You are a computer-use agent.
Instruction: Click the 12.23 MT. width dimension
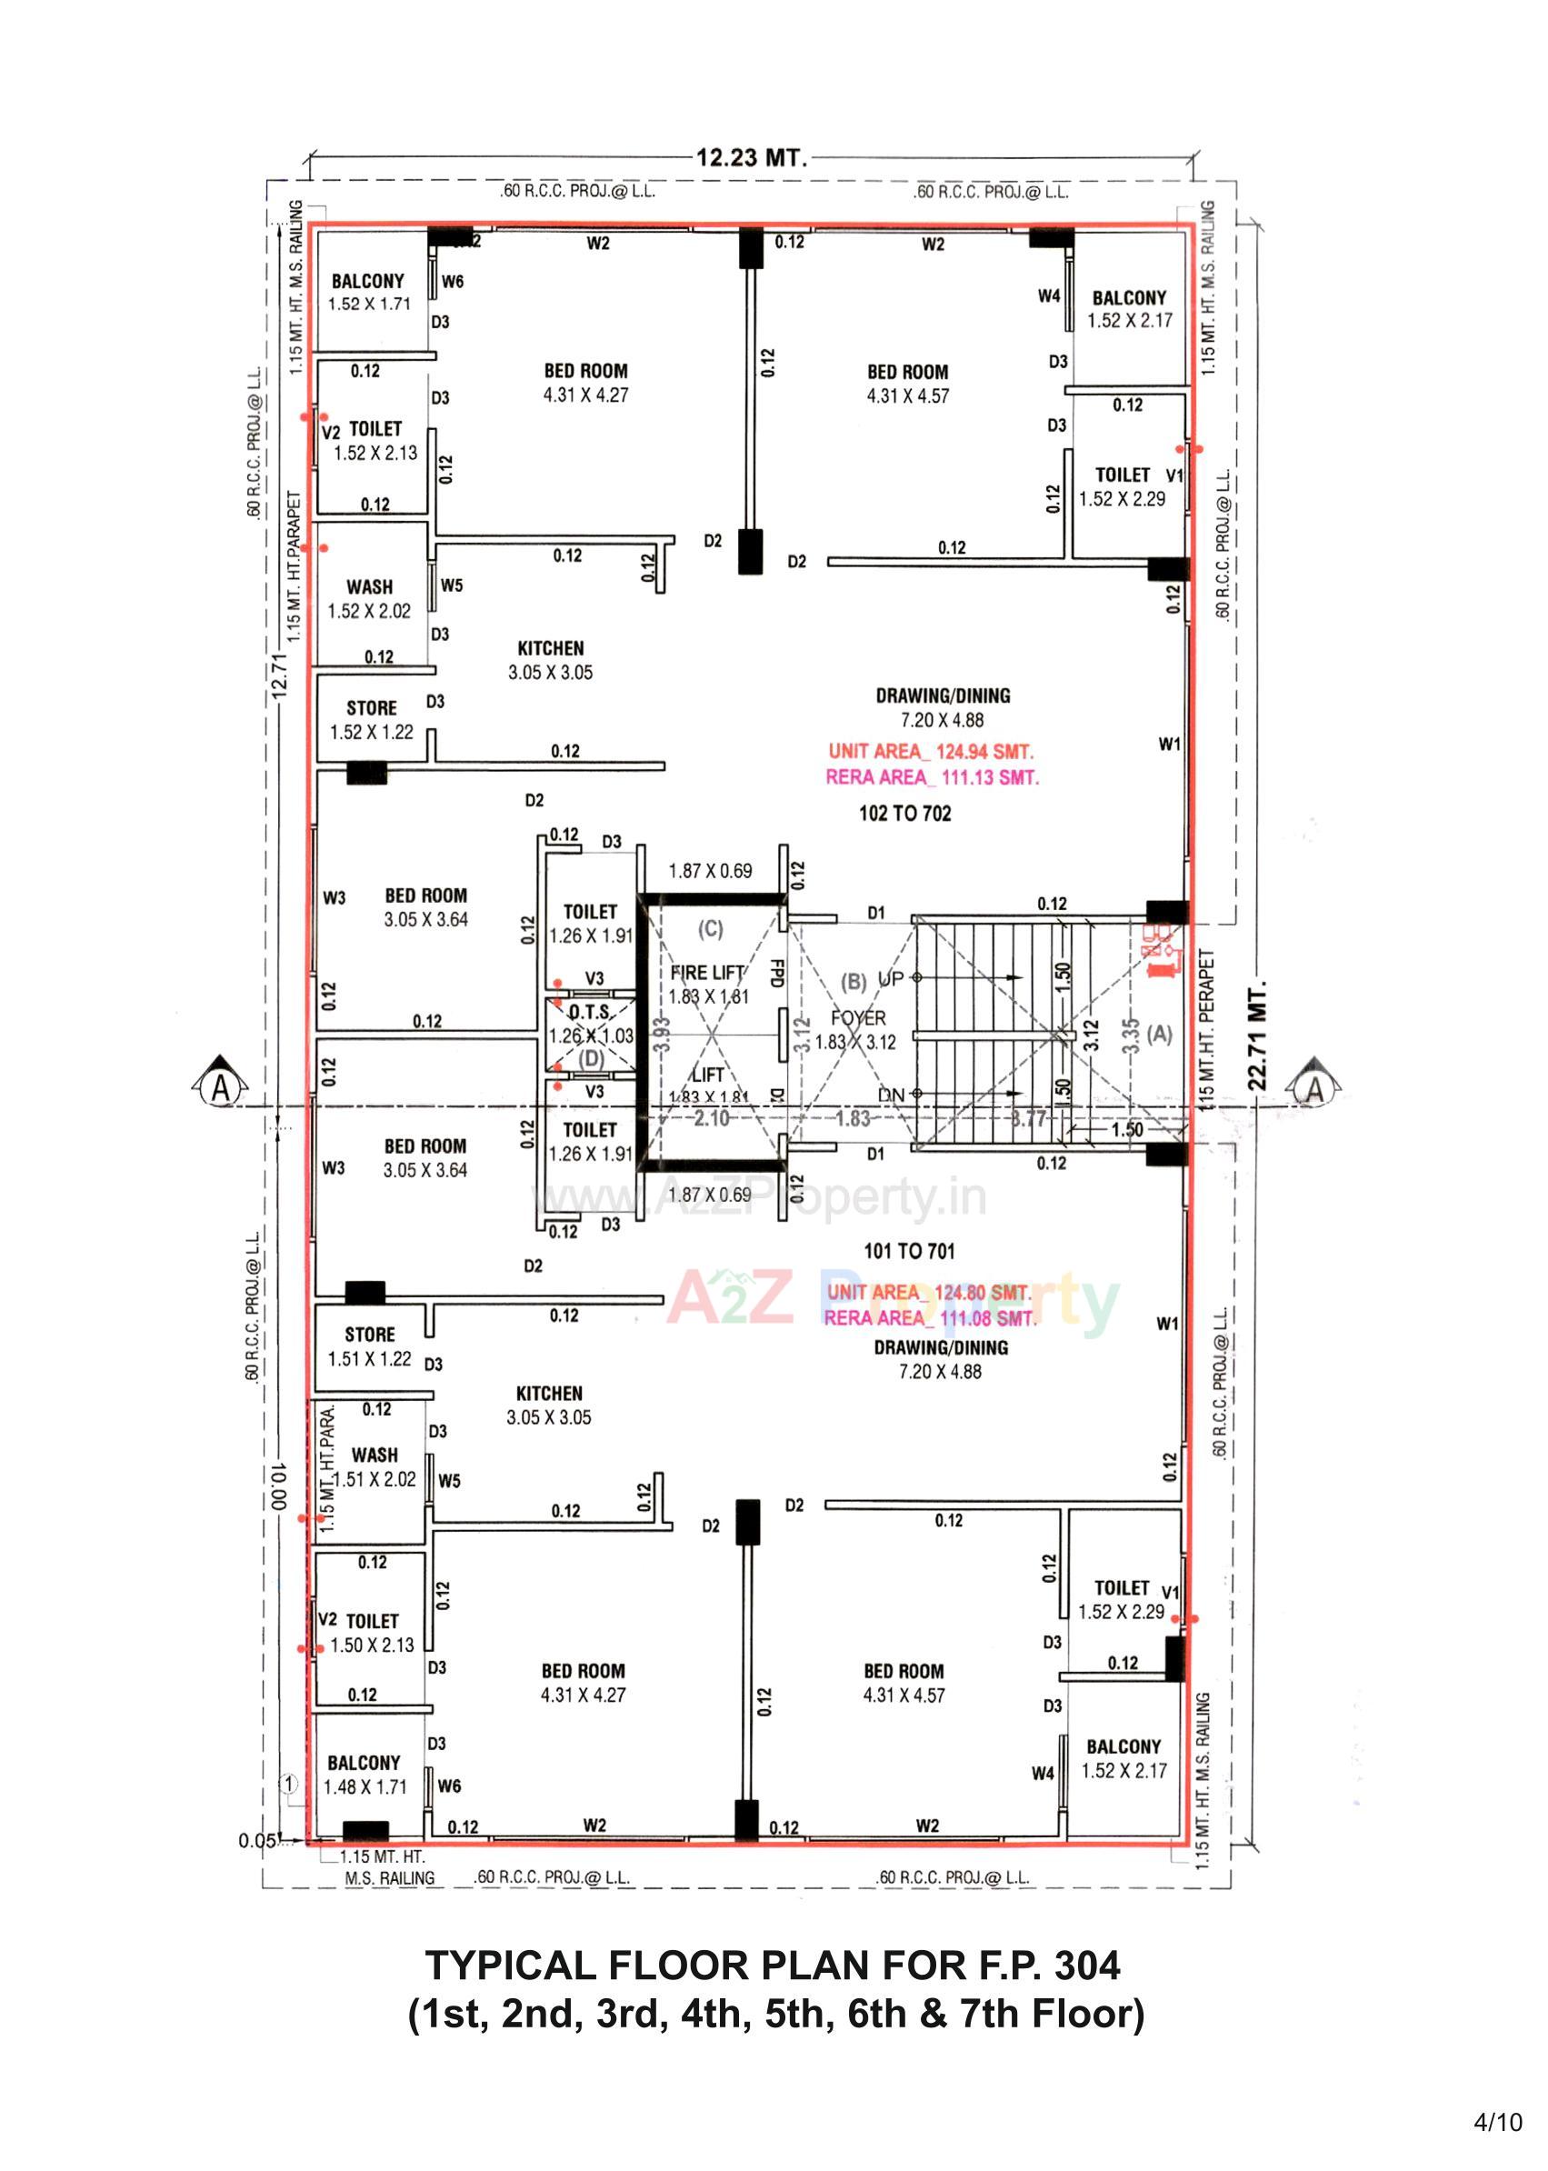point(751,157)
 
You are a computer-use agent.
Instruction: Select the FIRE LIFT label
point(707,973)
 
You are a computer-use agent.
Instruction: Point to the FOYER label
point(858,1018)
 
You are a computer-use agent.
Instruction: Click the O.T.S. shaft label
point(590,1013)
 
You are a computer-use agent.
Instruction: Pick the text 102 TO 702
point(904,814)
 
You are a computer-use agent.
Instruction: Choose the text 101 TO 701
point(908,1251)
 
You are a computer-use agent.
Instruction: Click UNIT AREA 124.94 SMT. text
point(930,751)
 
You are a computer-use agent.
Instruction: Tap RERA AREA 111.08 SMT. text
point(929,1318)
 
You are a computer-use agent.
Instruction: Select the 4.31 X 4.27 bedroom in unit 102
point(585,383)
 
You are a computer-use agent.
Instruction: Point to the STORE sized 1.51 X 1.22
point(370,1346)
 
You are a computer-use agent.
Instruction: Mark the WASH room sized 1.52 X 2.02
point(369,599)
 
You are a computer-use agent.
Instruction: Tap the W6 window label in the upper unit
point(453,281)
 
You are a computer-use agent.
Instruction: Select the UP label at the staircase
point(890,979)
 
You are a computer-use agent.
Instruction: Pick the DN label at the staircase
point(890,1096)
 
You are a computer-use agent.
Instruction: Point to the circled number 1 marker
point(289,1784)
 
